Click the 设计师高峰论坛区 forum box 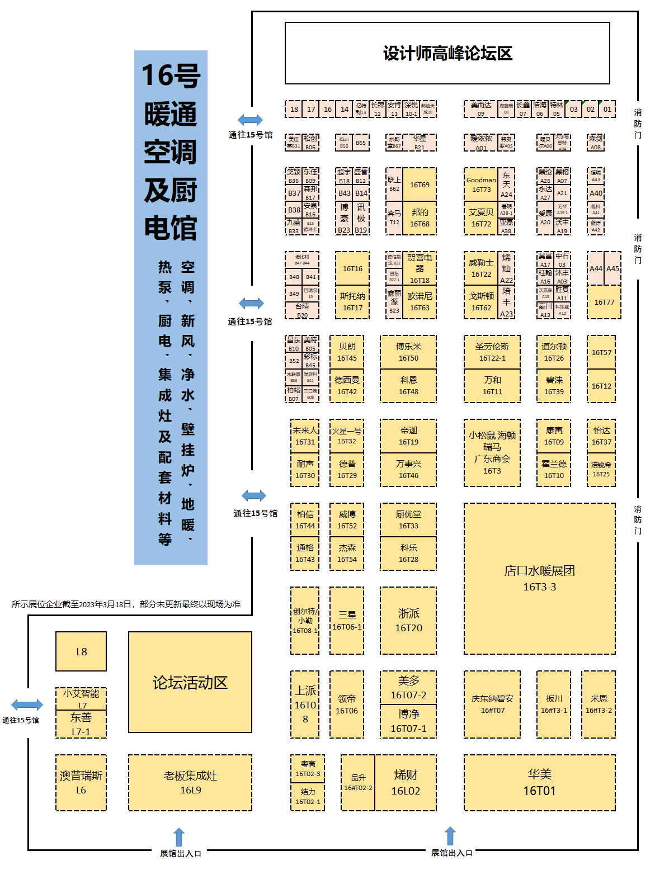click(x=447, y=53)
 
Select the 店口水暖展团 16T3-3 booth click(x=539, y=578)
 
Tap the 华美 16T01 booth click(x=539, y=782)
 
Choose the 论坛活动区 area click(x=190, y=682)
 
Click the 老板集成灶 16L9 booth click(x=190, y=782)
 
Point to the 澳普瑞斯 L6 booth click(x=81, y=782)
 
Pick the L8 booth click(x=81, y=651)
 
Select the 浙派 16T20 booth click(x=408, y=620)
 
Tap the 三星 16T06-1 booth click(x=347, y=620)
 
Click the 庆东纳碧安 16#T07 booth click(x=492, y=704)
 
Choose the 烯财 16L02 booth click(x=406, y=782)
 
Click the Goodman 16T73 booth click(x=481, y=185)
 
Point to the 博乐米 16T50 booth click(x=408, y=352)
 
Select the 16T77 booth click(x=604, y=302)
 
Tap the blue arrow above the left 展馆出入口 click(x=179, y=837)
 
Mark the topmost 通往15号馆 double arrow click(x=250, y=120)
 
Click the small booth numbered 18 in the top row click(x=294, y=109)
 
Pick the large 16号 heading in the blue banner click(x=171, y=75)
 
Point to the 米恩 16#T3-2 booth click(x=599, y=704)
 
